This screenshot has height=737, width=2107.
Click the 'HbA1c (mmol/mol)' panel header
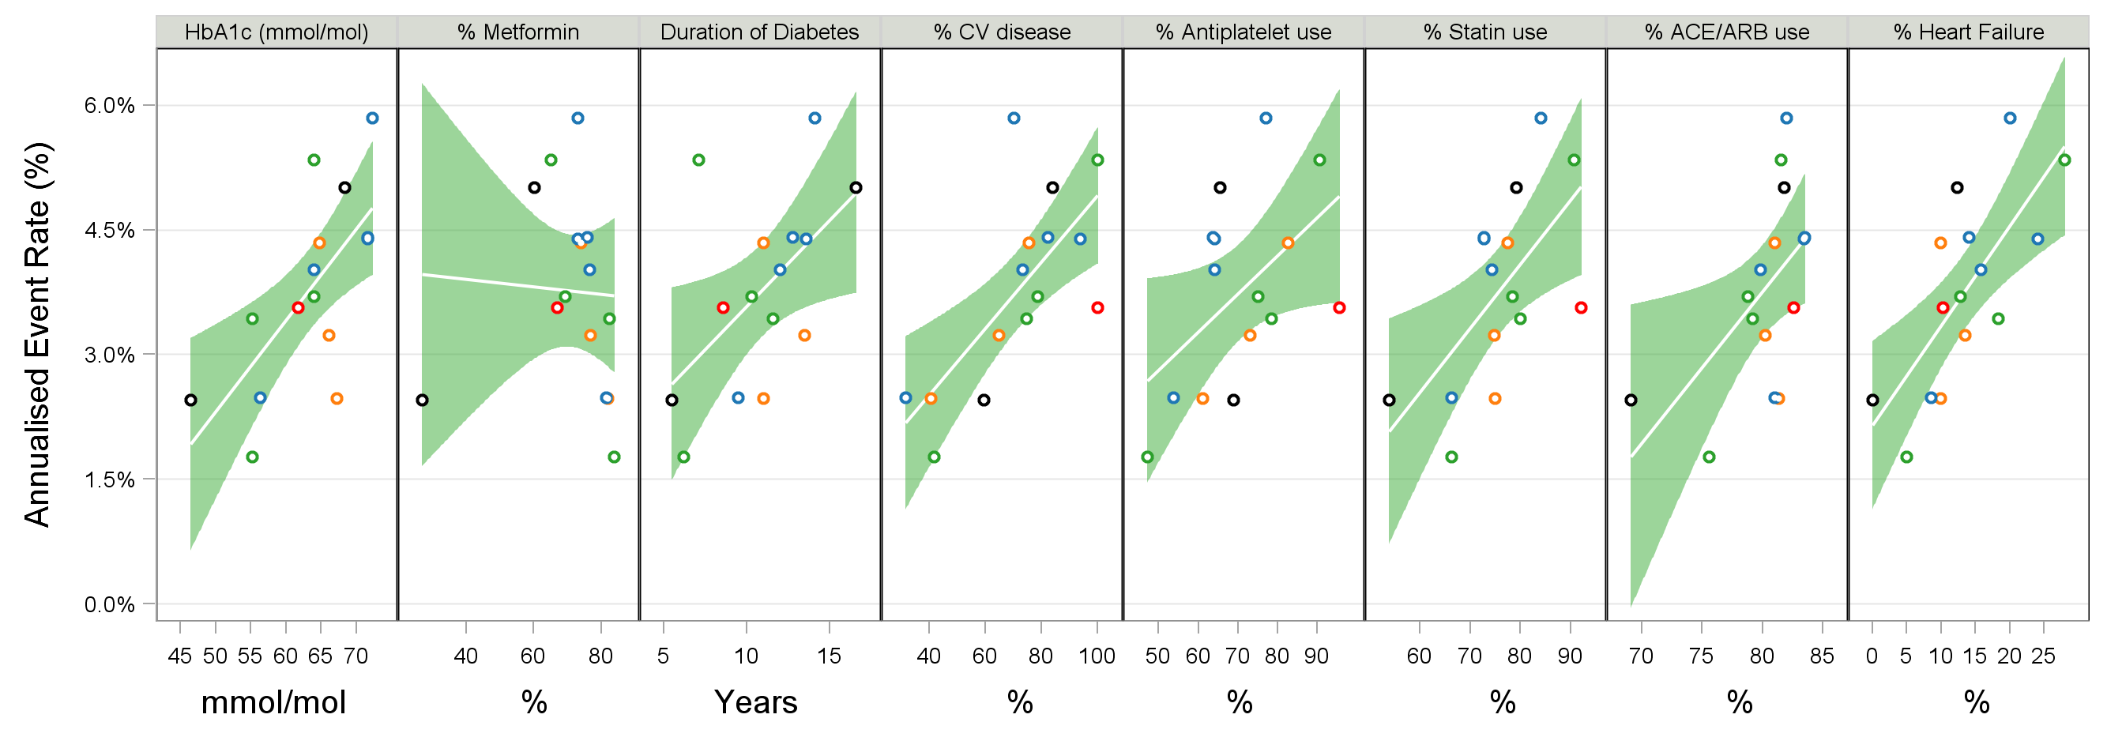coord(277,32)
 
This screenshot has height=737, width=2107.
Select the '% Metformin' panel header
coord(517,32)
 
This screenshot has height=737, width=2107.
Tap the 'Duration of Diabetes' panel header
coord(759,32)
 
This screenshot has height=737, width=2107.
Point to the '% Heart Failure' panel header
coord(1968,32)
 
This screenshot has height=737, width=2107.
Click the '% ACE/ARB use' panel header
coord(1727,32)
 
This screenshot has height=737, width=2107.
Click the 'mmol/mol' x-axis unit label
coord(273,701)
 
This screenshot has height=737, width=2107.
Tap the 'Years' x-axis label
coord(756,701)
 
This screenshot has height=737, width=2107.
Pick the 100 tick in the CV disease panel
coord(1097,656)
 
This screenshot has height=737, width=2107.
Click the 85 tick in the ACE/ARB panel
coord(1822,656)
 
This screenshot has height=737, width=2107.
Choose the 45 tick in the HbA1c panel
coord(180,656)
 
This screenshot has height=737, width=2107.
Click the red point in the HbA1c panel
coord(298,307)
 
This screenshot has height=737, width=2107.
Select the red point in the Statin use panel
coord(1581,307)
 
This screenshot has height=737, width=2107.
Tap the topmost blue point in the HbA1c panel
coord(372,118)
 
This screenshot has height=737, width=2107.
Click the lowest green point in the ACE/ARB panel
coord(1709,457)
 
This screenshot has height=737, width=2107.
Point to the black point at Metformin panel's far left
coord(422,400)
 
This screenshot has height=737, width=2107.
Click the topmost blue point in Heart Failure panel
coord(2010,118)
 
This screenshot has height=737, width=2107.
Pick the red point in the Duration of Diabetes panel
coord(723,307)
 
